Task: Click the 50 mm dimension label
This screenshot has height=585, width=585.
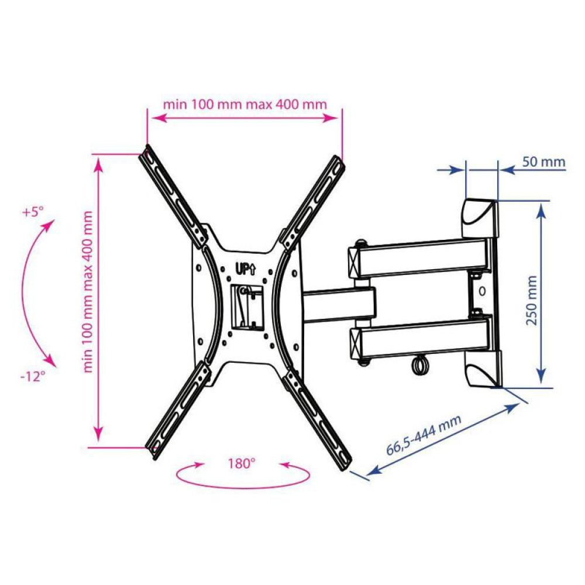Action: [543, 162]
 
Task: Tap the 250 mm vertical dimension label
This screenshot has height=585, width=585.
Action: [531, 300]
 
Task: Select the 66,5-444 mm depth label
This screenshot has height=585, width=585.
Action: [424, 434]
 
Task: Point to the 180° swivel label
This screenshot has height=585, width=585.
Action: [242, 463]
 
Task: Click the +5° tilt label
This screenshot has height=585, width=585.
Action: [33, 212]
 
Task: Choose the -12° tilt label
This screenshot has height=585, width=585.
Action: [33, 376]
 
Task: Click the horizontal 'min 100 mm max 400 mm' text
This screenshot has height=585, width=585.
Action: [245, 104]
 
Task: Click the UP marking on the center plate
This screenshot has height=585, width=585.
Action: [245, 269]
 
